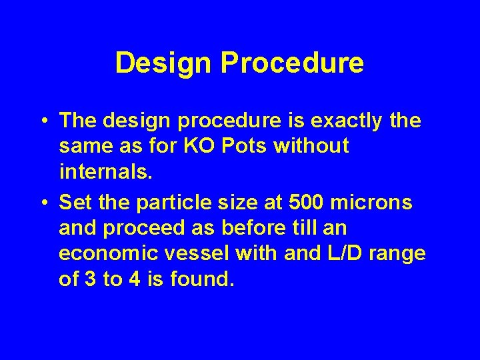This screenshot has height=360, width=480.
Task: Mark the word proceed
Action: (x=143, y=229)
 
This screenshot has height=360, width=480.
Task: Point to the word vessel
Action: (x=185, y=254)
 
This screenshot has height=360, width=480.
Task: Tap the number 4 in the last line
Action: (x=134, y=279)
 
